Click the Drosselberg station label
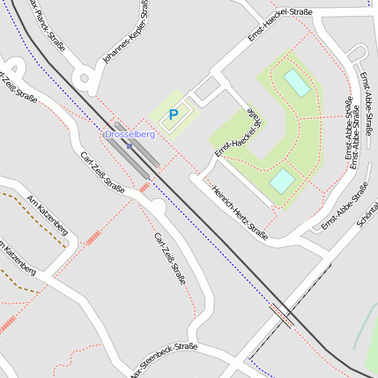point(130,134)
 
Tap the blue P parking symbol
point(174,114)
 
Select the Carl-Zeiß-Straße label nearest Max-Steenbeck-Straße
point(169,261)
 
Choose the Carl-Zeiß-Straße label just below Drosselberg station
point(102,171)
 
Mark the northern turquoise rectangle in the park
point(296,83)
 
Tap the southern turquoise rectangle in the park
point(282,181)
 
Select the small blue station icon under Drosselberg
point(129,145)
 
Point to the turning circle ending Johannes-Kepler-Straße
point(85,79)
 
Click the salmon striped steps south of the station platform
point(145,187)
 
